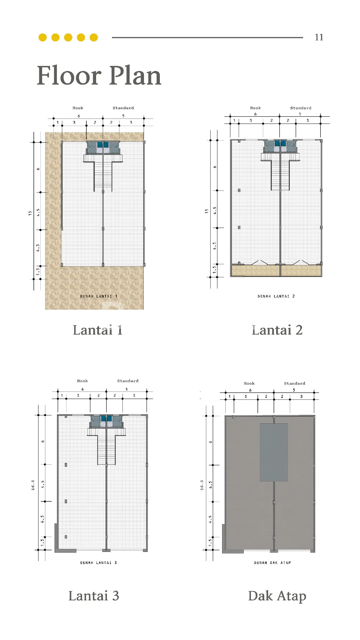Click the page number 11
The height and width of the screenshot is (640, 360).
319,37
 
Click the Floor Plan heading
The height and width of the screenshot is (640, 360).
99,76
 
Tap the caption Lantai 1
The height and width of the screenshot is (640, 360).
98,330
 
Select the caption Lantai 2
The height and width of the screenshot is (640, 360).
277,330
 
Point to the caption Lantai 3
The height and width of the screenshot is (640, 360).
94,596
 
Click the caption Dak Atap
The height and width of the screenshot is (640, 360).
277,596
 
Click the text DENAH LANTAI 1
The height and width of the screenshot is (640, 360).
99,296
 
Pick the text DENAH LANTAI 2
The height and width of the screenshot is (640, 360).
276,296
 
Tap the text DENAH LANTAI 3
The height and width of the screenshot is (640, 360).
98,563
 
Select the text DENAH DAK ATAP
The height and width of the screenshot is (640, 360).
273,563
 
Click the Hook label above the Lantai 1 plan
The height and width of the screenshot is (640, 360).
78,108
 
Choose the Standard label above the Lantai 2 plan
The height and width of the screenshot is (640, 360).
301,108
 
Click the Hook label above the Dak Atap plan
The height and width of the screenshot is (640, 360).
249,384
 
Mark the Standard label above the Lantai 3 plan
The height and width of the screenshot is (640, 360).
128,381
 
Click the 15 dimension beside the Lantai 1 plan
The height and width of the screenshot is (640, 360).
30,213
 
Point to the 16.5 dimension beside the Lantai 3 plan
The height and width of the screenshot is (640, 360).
33,485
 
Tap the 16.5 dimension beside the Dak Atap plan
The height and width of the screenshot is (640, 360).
202,485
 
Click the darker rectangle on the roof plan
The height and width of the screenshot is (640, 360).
274,452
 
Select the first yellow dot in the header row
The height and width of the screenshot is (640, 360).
42,37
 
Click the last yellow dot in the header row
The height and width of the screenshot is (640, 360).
94,37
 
